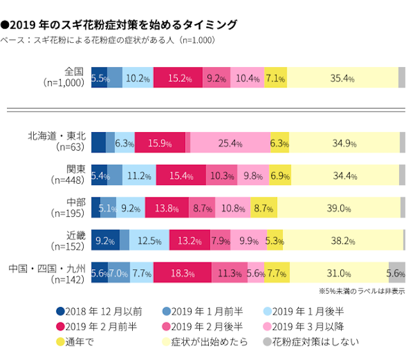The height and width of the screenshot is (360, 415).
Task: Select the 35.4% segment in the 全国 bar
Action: (342, 79)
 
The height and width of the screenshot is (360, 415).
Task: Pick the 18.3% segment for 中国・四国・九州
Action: (183, 273)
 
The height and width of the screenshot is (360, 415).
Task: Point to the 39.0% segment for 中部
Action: (338, 208)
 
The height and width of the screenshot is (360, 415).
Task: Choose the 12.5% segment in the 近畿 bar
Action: (149, 241)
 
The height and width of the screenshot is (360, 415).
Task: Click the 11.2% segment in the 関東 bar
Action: (139, 176)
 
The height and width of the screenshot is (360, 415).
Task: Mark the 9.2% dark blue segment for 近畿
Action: (105, 241)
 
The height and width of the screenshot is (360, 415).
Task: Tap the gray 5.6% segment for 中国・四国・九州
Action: (396, 273)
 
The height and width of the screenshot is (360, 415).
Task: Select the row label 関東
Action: (75, 169)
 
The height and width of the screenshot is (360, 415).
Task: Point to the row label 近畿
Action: (75, 234)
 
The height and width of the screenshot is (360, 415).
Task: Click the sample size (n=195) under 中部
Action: (67, 213)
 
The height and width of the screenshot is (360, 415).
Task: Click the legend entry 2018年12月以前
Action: (104, 311)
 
